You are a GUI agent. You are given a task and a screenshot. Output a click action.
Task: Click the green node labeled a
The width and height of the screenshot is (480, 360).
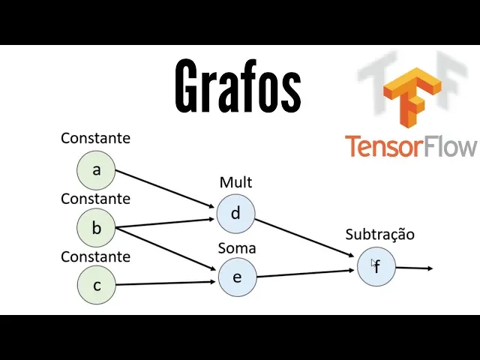click(x=96, y=170)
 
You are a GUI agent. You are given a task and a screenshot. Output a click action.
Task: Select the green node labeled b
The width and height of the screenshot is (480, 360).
click(x=96, y=228)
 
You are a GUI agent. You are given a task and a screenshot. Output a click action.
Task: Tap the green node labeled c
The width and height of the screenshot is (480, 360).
click(x=96, y=285)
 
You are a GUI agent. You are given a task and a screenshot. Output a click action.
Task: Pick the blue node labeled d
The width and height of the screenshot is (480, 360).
click(x=235, y=214)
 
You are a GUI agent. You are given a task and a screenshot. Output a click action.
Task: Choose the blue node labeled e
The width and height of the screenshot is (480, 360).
click(x=237, y=277)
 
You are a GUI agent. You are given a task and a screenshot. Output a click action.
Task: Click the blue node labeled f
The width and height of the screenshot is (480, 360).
click(x=376, y=266)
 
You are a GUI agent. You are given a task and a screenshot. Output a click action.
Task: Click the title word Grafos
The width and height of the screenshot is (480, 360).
click(x=238, y=87)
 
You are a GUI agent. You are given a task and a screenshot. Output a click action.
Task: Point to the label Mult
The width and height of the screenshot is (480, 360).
click(x=235, y=182)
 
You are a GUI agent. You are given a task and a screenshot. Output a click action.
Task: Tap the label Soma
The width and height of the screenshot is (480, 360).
click(x=236, y=247)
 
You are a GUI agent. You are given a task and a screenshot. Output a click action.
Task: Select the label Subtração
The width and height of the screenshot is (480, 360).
click(x=379, y=234)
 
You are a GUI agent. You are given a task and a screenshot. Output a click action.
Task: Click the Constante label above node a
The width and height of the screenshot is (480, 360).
click(x=95, y=139)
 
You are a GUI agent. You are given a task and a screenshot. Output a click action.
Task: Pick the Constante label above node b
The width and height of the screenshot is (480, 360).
click(x=95, y=199)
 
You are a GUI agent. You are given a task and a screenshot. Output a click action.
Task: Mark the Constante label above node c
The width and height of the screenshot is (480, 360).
click(x=95, y=256)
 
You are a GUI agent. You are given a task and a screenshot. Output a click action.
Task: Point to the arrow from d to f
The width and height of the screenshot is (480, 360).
click(x=304, y=238)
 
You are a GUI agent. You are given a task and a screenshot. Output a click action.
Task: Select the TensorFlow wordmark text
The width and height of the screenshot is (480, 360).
click(x=410, y=145)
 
